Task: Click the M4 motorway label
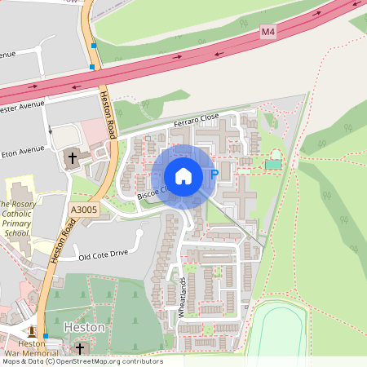tap(268, 31)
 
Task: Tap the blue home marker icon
tap(183, 175)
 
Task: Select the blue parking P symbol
tap(214, 174)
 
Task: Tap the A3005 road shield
tap(82, 210)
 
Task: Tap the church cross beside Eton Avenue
tap(72, 157)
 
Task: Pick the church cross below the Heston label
tap(80, 348)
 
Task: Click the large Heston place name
tap(84, 327)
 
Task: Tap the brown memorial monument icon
tap(33, 331)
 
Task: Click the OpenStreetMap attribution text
tap(82, 361)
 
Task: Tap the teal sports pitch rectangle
tap(272, 164)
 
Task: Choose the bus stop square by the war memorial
tap(46, 336)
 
